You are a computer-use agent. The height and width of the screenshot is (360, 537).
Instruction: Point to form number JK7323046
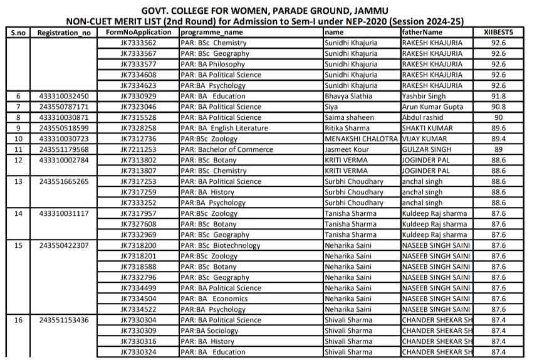point(138,107)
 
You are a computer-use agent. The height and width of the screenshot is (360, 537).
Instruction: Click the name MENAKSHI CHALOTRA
point(361,139)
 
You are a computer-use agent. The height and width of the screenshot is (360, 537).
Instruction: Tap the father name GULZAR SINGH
point(427,149)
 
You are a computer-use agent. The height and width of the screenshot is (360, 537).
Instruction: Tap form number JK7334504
point(138,299)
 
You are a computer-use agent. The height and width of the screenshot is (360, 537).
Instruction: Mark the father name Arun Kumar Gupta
point(433,107)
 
